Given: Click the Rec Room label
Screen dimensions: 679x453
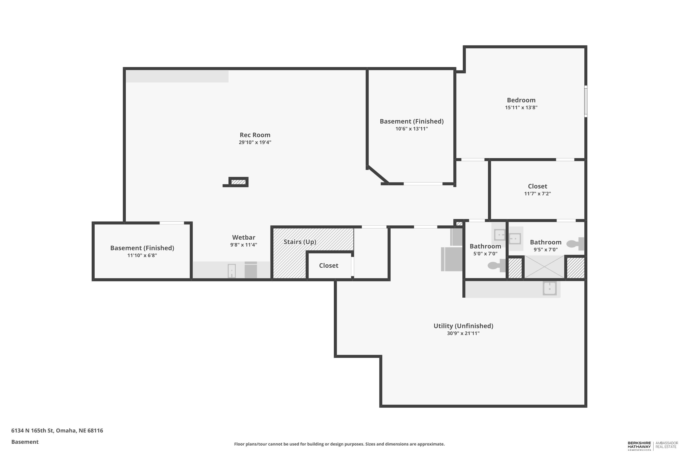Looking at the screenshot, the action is (x=255, y=135).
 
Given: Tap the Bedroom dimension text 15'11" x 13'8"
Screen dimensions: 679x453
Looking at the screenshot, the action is (x=521, y=107).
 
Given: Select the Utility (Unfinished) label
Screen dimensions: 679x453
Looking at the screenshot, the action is (x=463, y=326).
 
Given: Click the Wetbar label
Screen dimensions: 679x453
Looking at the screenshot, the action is (x=244, y=237).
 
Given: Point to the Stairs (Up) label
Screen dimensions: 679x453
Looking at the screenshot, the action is (x=300, y=242).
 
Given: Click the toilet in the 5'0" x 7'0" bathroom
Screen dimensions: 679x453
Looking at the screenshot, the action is (x=497, y=265).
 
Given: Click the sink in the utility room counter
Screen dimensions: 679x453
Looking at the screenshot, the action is (x=550, y=289).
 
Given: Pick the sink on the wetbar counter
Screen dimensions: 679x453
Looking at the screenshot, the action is (x=232, y=271).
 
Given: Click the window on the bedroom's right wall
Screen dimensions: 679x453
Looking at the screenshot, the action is (x=586, y=101).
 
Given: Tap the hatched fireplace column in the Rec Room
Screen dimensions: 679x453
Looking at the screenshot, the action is (x=239, y=182).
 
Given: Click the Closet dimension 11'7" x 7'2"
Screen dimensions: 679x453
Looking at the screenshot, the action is (x=538, y=194).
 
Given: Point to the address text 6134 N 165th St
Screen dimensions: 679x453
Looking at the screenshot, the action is (x=32, y=431).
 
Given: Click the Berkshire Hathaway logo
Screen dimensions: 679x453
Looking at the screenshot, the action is (x=639, y=446).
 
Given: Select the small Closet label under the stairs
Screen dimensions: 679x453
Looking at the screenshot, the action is (x=329, y=265).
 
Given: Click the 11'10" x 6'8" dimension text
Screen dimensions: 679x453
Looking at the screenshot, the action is (x=142, y=255).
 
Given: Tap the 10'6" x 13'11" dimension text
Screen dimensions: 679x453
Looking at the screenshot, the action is (x=412, y=129).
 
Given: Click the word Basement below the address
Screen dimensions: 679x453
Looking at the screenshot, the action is (x=25, y=442).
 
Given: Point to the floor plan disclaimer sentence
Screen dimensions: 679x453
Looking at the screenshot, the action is (x=339, y=444).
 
